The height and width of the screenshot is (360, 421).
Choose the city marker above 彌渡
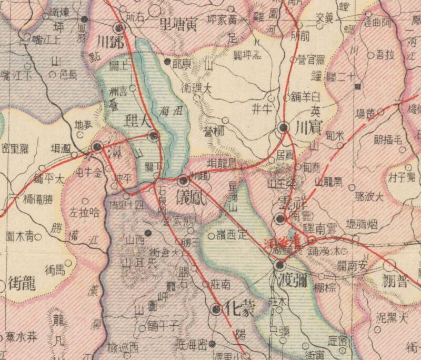point(279,265)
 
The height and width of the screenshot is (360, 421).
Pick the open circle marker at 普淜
point(389,265)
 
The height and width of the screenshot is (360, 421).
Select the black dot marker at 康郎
point(167,62)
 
